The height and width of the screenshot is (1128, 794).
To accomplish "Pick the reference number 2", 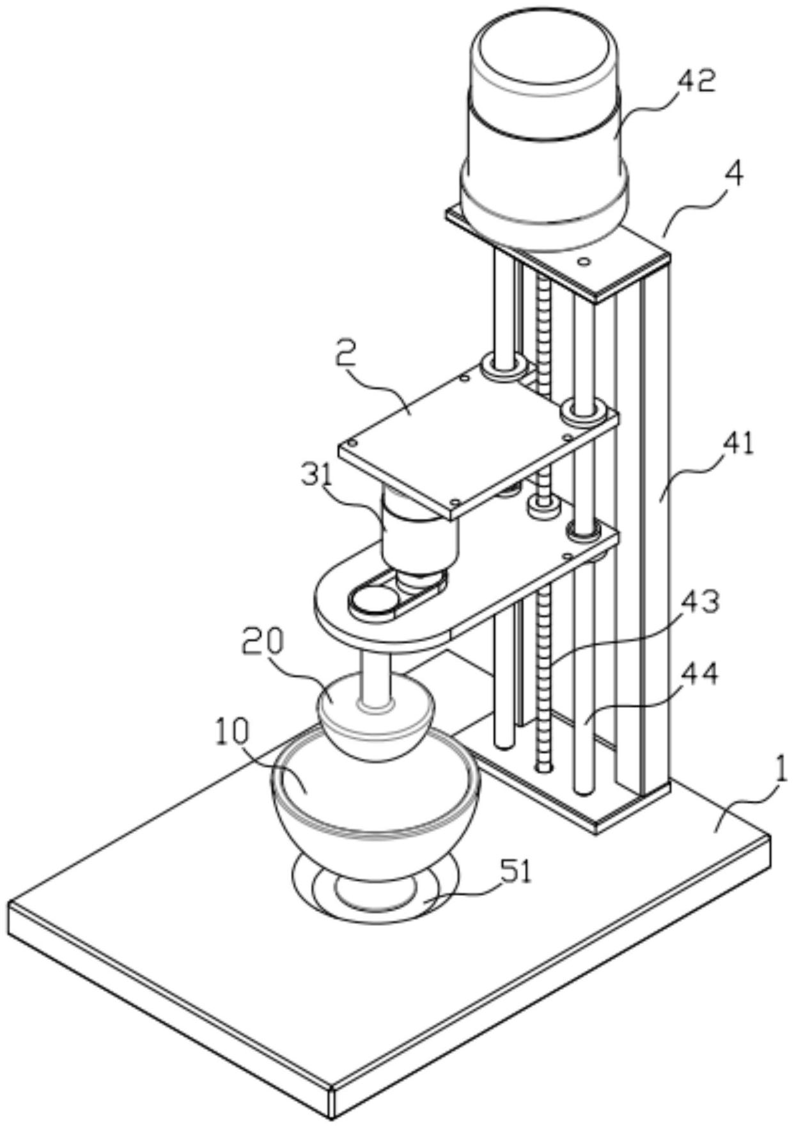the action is coord(346,352).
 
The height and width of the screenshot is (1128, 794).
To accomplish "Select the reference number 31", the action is coord(318,474).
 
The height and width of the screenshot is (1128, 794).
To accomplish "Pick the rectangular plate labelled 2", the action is coord(478,437).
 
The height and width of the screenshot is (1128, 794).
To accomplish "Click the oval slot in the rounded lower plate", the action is coord(397,593).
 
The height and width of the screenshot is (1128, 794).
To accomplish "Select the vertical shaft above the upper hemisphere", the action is coord(376,680).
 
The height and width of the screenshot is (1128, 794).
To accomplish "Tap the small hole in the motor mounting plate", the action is coord(583,262).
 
